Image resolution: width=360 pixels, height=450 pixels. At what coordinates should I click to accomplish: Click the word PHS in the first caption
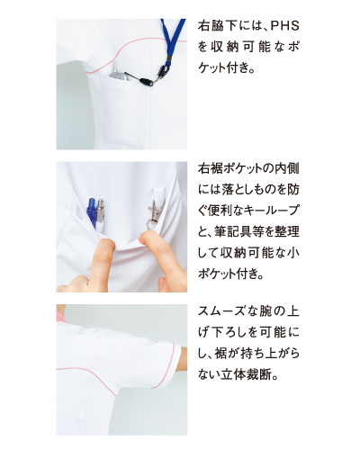(285, 26)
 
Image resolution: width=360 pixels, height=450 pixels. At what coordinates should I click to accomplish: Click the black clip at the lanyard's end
(148, 81)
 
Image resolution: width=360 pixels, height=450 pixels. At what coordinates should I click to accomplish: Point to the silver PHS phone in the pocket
(118, 71)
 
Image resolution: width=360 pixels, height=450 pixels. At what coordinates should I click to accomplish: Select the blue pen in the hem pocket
(92, 213)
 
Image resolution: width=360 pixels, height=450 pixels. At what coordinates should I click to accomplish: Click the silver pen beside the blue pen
(100, 213)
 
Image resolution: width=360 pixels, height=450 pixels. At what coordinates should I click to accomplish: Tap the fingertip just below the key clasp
(150, 237)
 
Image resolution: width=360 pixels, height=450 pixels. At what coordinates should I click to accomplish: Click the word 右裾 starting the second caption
(210, 168)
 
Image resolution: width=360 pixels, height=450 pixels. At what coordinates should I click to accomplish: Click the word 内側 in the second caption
(287, 168)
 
